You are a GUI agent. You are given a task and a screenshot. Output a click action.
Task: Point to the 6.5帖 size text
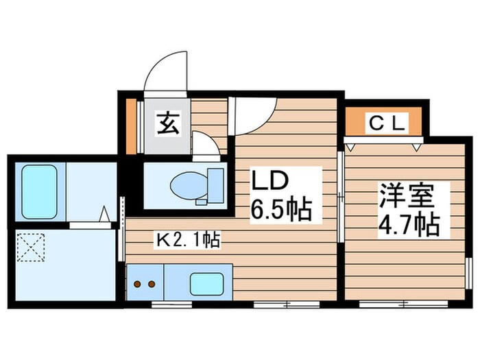280,208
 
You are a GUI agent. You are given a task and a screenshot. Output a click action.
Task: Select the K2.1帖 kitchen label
187,240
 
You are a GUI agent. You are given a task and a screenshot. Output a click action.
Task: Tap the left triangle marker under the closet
352,145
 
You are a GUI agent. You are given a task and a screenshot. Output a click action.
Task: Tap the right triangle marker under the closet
417,145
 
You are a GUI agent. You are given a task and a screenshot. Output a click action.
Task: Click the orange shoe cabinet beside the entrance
132,127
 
